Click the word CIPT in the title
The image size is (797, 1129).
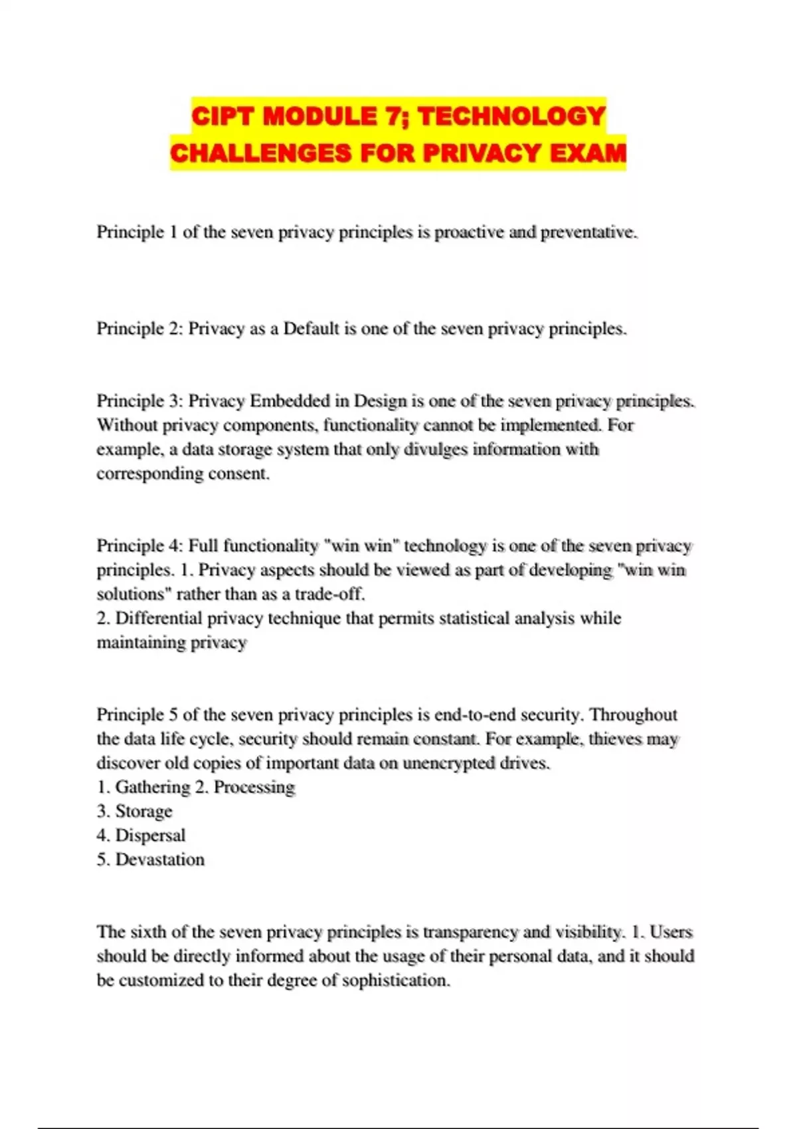click(224, 117)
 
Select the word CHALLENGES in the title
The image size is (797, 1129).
click(261, 153)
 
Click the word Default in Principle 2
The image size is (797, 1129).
click(311, 329)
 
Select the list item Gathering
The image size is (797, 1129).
click(153, 787)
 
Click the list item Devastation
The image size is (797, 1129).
click(160, 859)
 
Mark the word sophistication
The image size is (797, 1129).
click(396, 980)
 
